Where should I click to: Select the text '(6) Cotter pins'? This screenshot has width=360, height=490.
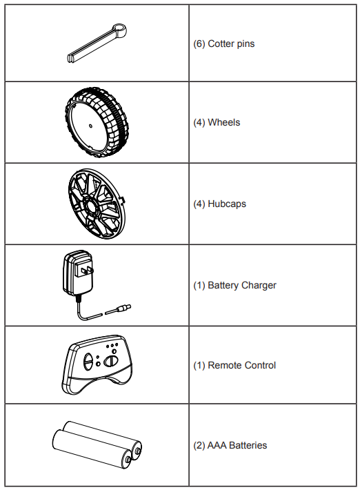(224, 43)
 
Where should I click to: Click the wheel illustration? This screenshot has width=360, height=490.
(97, 122)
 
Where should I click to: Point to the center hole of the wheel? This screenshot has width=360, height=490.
(90, 126)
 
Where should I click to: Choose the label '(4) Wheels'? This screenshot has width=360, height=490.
(217, 122)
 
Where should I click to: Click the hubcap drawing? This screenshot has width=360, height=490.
(97, 204)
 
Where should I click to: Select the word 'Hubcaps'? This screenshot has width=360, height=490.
(227, 204)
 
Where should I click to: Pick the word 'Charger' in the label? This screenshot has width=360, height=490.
(259, 285)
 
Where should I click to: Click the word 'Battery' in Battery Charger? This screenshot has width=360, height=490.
(223, 285)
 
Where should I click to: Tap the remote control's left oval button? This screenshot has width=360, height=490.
(88, 362)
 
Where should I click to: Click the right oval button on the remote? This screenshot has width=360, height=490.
(110, 361)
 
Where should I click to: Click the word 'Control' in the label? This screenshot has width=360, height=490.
(259, 365)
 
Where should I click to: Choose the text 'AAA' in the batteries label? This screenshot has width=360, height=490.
(217, 445)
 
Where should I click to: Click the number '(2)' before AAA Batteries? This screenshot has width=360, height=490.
(199, 445)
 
